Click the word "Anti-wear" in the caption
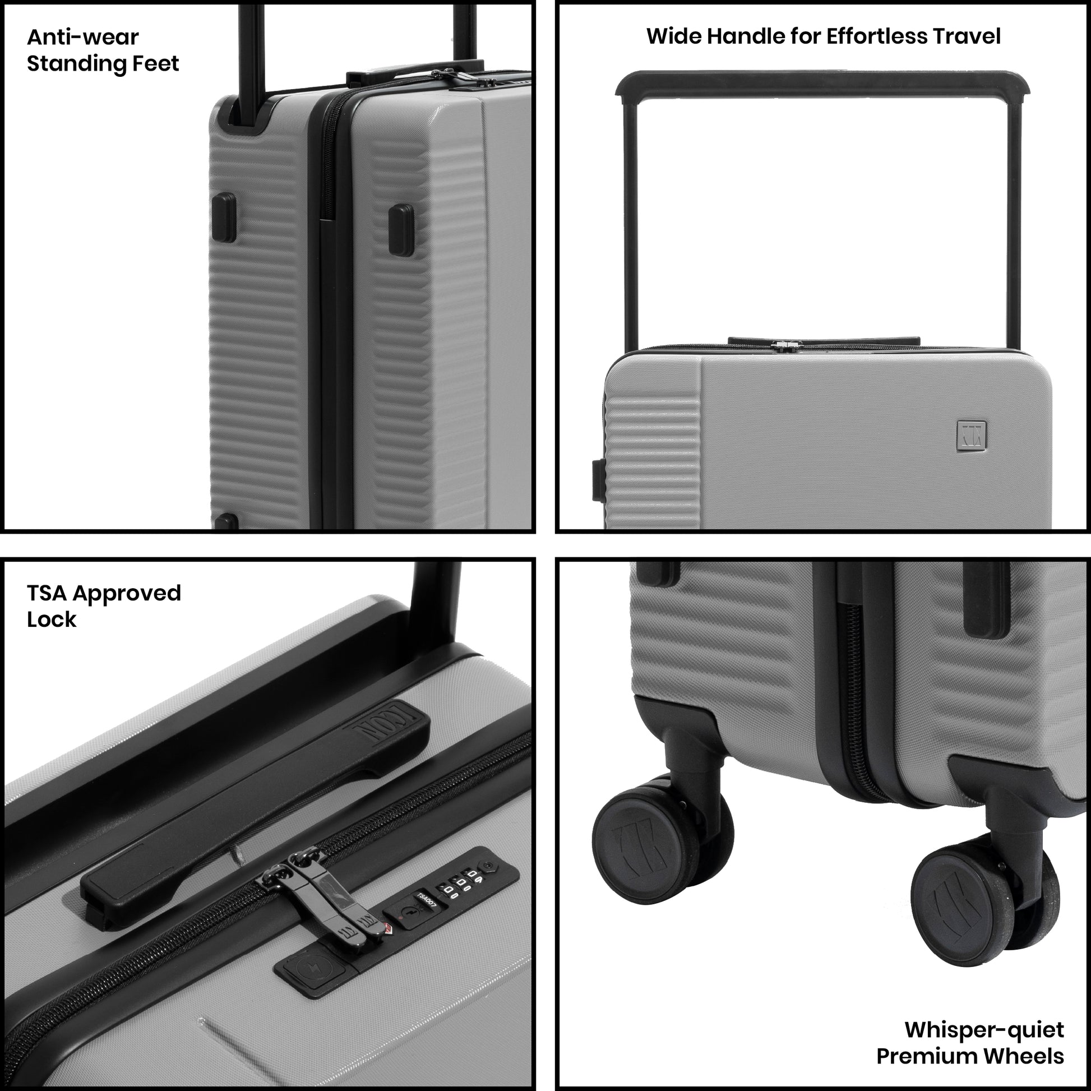click(82, 37)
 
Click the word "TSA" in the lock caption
click(47, 593)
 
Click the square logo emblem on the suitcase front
click(972, 435)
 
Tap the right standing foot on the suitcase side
click(401, 230)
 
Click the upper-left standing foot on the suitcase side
click(224, 218)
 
